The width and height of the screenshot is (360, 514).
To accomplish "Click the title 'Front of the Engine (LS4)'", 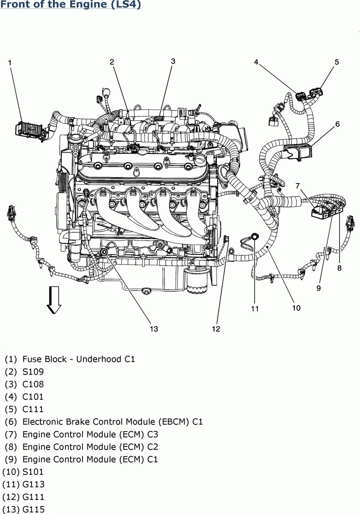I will coord(71,5).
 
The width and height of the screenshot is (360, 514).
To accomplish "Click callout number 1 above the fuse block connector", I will coord(10,63).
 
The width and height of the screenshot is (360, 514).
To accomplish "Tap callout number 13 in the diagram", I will coord(154,329).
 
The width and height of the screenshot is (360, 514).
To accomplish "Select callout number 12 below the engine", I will coord(216,329).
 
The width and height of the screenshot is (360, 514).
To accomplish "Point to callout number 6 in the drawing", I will coord(337,124).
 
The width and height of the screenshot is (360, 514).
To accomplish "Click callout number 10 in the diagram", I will coord(296,308).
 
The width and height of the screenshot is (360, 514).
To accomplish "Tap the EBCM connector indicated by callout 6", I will coord(298,151).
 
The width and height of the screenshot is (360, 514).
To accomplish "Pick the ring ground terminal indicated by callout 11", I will coord(255,236).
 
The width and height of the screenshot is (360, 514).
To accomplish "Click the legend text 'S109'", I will coord(33,372).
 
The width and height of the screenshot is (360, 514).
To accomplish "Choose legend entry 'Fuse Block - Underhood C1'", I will coord(78,359).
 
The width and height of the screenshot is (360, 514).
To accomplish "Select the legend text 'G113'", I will coord(33,484).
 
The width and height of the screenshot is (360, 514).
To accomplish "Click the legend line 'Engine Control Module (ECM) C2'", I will coord(90,447).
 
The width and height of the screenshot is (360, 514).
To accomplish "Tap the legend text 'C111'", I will coord(33,409).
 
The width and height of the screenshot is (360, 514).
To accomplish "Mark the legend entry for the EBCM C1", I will coord(112,422).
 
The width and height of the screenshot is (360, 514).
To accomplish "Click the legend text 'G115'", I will coord(33,509).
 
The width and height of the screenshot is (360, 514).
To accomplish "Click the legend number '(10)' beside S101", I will coord(11,472).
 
